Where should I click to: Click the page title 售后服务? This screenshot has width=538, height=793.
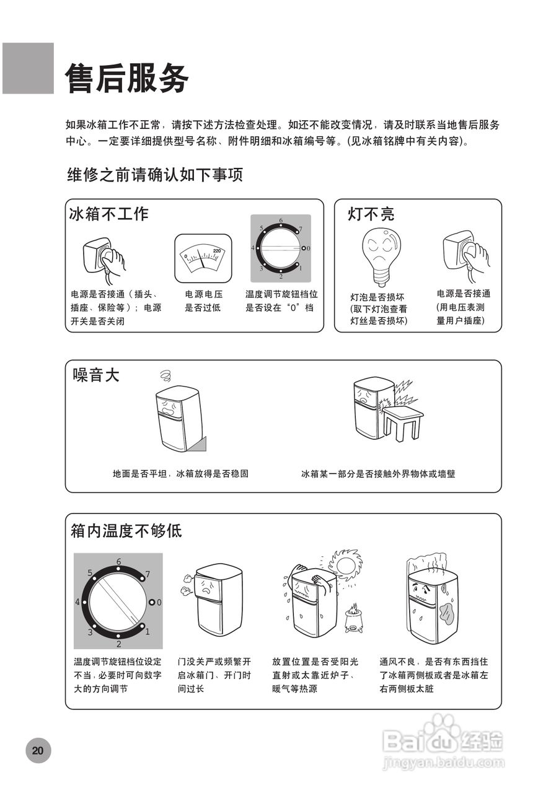click(127, 79)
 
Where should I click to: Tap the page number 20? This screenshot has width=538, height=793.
click(38, 750)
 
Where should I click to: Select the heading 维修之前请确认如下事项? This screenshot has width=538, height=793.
click(155, 175)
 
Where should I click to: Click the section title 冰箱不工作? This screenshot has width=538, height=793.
click(109, 214)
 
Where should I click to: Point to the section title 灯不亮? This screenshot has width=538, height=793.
click(371, 214)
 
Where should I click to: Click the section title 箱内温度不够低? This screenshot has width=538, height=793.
click(126, 531)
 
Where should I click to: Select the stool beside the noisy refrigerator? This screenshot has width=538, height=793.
click(402, 421)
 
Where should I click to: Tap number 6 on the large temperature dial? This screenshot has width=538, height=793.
click(118, 561)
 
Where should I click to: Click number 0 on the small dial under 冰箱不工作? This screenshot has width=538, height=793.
click(309, 248)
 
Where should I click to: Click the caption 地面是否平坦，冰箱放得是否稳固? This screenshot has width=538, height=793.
click(180, 474)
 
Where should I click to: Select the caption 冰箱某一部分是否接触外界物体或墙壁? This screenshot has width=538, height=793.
click(378, 474)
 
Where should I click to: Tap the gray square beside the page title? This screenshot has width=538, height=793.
click(28, 68)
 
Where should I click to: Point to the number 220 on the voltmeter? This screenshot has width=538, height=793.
click(216, 251)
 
